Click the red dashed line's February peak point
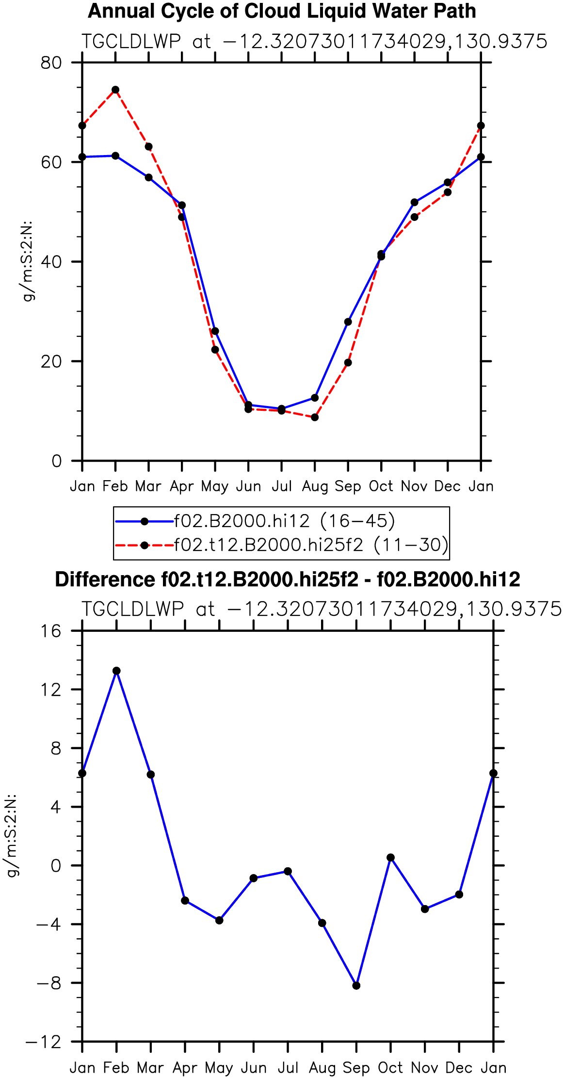pos(115,90)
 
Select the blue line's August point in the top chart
pos(315,398)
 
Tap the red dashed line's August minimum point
pos(315,417)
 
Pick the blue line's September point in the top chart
pos(348,322)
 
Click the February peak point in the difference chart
pos(116,671)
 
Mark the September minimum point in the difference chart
pos(356,985)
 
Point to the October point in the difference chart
pos(391,858)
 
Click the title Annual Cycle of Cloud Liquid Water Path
pos(282,11)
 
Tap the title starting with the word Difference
pos(288,579)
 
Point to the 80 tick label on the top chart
pos(51,63)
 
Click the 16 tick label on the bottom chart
pos(51,631)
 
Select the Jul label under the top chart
pos(282,486)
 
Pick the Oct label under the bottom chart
pos(391,1067)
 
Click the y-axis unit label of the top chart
pos(29,261)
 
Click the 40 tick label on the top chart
pos(51,262)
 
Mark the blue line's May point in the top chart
pos(215,331)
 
